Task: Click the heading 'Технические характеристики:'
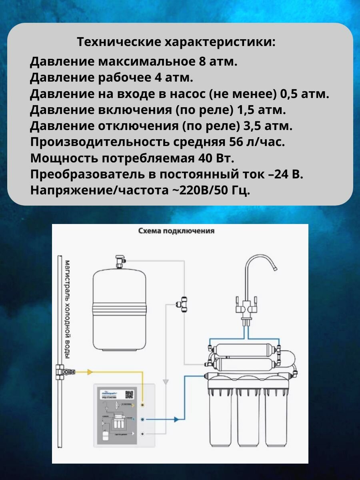click(176, 42)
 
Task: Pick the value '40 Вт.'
click(216, 158)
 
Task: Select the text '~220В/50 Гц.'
click(210, 190)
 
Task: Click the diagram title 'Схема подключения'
click(176, 231)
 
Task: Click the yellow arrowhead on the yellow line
click(90, 372)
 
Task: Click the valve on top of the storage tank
click(119, 261)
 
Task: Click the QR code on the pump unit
click(129, 394)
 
